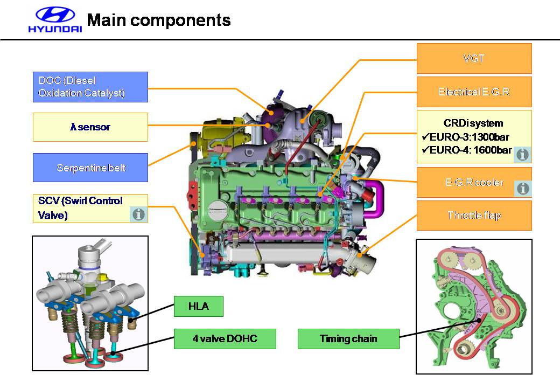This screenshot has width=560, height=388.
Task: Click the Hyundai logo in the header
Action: pos(55,20)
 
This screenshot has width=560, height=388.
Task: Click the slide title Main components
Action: pos(158,20)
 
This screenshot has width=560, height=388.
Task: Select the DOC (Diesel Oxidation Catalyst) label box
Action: pos(90,87)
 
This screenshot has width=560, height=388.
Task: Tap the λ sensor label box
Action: pos(90,127)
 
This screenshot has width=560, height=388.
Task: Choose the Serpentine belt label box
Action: pos(90,168)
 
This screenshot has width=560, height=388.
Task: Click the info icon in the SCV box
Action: pos(138,214)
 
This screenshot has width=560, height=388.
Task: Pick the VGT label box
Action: pos(474,58)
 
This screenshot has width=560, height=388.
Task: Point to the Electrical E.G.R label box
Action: pos(474,92)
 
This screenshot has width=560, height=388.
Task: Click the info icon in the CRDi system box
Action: pos(522,155)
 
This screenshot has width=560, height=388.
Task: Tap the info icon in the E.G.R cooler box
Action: pos(522,188)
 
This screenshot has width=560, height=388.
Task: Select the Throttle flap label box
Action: pos(474,216)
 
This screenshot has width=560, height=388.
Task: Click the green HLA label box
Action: pos(198,307)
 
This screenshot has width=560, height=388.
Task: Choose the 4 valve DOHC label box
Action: pos(225,339)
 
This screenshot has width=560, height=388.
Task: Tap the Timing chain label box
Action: pos(348,339)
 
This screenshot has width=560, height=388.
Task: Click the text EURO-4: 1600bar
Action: pos(470,150)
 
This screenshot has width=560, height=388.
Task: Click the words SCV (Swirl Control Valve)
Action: pos(80,208)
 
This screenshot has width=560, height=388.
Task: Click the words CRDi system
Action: pos(473,123)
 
